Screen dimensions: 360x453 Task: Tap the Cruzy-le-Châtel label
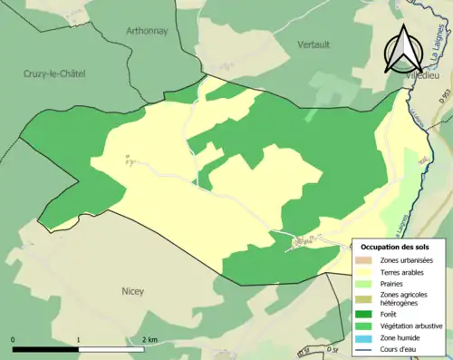pos(49,73)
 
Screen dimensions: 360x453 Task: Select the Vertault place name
pos(316,43)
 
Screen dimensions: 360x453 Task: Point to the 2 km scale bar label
pos(149,339)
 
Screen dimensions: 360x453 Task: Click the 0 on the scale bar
pos(14,339)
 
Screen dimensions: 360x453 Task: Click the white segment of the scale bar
pos(113,348)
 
